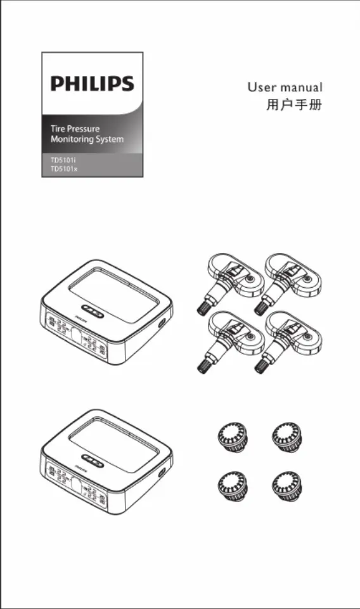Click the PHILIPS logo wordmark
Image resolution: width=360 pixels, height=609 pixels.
pyautogui.click(x=93, y=84)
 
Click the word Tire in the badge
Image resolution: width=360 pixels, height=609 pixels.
pyautogui.click(x=58, y=129)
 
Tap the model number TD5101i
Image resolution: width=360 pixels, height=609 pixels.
pyautogui.click(x=61, y=160)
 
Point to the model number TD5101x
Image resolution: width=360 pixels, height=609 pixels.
pyautogui.click(x=64, y=169)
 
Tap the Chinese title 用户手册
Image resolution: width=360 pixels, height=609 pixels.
pyautogui.click(x=294, y=105)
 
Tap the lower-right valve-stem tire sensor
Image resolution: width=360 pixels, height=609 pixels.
pyautogui.click(x=288, y=340)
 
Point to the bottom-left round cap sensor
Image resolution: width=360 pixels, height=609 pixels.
pyautogui.click(x=233, y=486)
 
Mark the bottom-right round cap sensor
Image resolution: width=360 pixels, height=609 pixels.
pyautogui.click(x=287, y=486)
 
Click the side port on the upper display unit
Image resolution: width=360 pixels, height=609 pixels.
pyautogui.click(x=161, y=323)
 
